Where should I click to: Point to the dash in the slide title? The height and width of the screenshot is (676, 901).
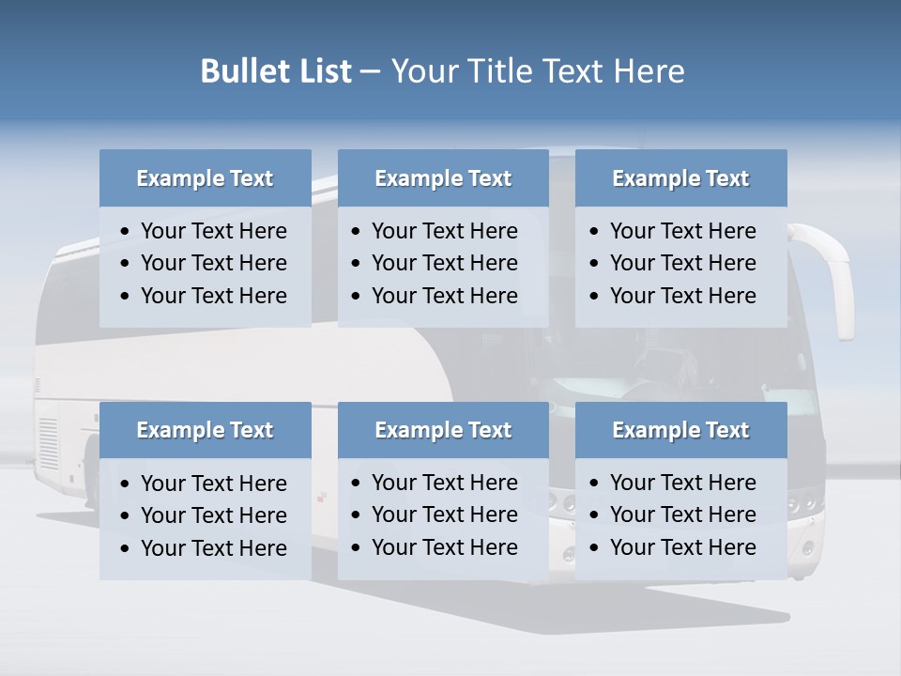[370, 72]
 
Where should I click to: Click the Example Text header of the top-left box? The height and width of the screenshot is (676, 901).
[205, 178]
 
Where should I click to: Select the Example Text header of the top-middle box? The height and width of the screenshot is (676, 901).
[443, 178]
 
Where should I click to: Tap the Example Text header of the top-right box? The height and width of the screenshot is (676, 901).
[680, 178]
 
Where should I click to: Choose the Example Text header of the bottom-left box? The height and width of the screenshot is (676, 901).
[205, 430]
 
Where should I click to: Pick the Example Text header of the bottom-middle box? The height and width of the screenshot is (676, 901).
[443, 430]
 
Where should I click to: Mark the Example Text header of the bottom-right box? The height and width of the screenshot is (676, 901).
[680, 430]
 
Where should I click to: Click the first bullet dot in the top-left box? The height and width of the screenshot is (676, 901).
[126, 232]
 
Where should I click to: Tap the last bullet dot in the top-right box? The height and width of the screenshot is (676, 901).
[595, 297]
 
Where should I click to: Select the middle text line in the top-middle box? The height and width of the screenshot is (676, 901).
[444, 263]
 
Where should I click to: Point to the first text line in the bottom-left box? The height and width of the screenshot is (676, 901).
[213, 484]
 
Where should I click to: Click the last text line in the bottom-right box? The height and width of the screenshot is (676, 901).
[682, 546]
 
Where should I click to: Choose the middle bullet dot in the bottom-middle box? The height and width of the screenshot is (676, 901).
[357, 515]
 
